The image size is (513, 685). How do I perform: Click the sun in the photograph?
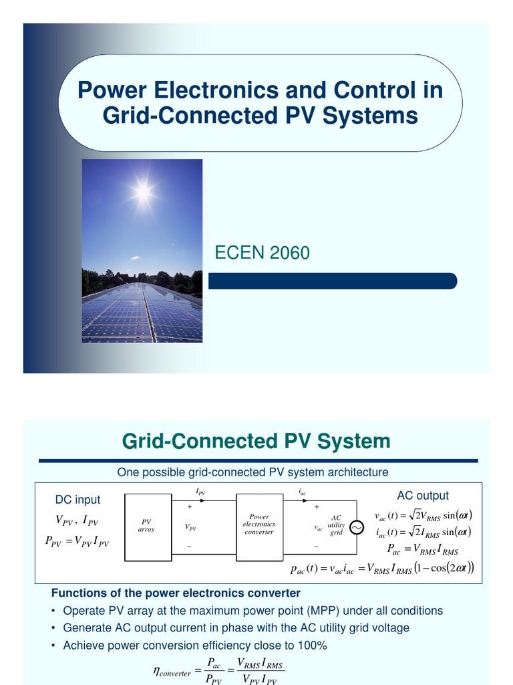(x=142, y=192)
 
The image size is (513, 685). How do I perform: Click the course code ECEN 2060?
(x=262, y=253)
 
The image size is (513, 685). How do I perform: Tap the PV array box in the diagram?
(x=146, y=524)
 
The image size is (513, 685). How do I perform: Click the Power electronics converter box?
(x=259, y=524)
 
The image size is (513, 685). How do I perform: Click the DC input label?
(x=77, y=500)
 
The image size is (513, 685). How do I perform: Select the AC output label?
(x=423, y=496)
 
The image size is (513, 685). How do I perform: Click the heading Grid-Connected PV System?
(x=256, y=442)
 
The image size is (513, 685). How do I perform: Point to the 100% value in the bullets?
(x=311, y=646)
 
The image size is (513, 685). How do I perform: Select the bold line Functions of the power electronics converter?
(x=176, y=593)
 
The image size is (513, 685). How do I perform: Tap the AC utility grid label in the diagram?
(x=336, y=525)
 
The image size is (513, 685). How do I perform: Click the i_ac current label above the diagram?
(x=302, y=492)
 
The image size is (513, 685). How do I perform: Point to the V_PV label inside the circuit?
(x=190, y=528)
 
